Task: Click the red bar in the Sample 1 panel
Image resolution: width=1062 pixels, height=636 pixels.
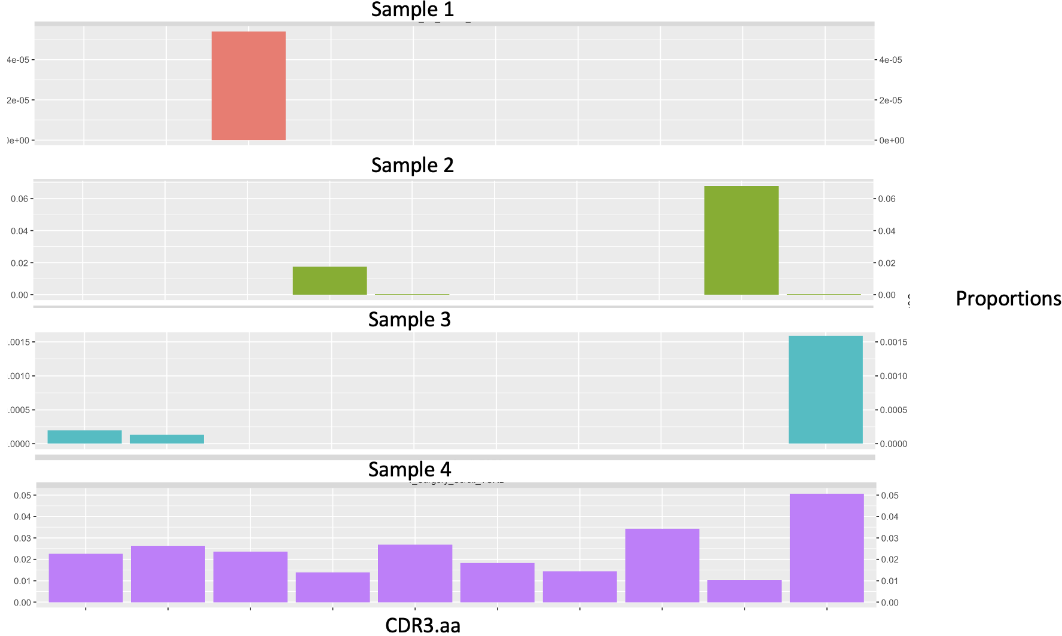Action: (x=248, y=85)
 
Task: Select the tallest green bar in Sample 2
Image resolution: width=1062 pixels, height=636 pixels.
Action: (x=741, y=240)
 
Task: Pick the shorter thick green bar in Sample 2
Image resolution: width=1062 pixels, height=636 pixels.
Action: (x=329, y=280)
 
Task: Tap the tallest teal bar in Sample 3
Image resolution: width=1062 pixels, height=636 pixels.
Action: (x=825, y=390)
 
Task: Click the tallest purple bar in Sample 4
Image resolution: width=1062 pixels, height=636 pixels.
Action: (x=826, y=548)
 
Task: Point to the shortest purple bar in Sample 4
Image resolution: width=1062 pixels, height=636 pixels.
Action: (x=744, y=591)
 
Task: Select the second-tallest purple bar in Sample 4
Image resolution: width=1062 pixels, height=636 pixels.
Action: (x=662, y=565)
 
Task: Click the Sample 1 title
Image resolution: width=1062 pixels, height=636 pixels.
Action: (x=412, y=10)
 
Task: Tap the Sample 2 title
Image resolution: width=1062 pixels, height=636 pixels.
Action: (x=412, y=165)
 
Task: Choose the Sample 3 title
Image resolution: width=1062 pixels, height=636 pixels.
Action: (x=409, y=319)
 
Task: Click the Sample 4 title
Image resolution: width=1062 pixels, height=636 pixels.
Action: (x=409, y=469)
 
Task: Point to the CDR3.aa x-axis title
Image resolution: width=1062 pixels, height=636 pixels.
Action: (x=422, y=625)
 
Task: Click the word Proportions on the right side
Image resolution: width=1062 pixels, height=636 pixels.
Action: (x=1008, y=298)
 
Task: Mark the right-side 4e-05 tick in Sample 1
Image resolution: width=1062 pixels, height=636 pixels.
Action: (x=890, y=60)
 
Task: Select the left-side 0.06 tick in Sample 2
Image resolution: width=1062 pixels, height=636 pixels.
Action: (x=19, y=199)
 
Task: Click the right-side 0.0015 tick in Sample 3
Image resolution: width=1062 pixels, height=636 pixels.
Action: (x=893, y=342)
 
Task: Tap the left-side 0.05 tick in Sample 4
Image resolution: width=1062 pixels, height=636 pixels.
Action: (x=22, y=496)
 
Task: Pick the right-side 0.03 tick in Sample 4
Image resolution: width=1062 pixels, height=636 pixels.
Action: (x=890, y=538)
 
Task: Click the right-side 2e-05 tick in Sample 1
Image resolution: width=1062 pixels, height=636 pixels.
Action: (x=890, y=100)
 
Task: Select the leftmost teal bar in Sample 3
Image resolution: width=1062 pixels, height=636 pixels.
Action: (x=84, y=437)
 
